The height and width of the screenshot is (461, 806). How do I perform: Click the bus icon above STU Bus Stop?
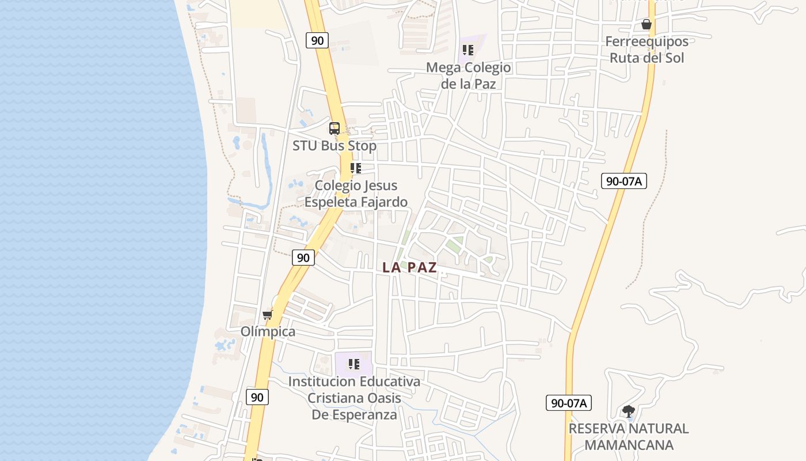[334, 128]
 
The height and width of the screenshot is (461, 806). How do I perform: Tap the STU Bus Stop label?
[334, 146]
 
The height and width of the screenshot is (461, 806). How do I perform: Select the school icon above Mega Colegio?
[467, 50]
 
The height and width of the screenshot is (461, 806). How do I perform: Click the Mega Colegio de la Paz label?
[468, 75]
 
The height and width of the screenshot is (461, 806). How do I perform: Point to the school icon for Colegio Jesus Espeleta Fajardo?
[356, 168]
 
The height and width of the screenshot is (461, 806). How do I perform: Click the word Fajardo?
[382, 202]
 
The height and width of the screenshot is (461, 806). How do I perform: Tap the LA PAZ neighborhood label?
[409, 267]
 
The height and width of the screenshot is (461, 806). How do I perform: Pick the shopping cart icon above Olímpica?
[267, 315]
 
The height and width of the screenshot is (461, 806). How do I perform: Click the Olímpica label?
[268, 331]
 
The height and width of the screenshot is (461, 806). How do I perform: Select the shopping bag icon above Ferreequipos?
[647, 25]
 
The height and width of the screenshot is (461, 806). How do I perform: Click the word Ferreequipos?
[647, 41]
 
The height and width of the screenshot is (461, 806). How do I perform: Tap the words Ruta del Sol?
[647, 58]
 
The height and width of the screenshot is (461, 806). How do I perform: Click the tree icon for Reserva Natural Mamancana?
[628, 411]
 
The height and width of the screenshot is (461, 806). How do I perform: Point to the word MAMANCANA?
[629, 445]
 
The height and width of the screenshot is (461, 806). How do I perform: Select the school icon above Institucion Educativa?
[353, 364]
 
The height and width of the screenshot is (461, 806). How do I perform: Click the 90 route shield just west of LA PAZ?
[303, 258]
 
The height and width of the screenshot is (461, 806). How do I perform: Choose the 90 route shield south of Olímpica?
[257, 397]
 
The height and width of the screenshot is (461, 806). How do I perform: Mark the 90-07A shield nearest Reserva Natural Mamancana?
[569, 403]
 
